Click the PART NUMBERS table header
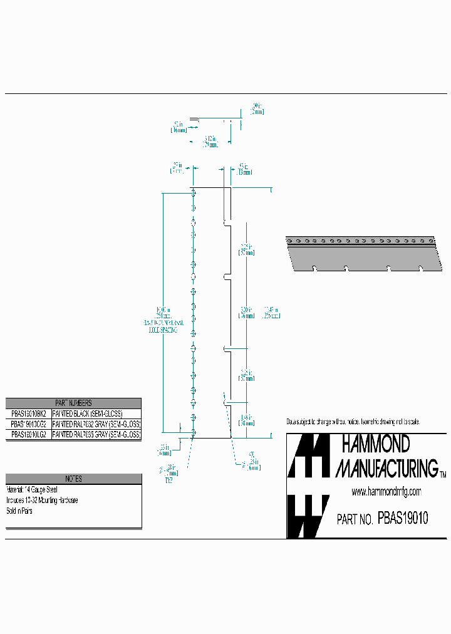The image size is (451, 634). pyautogui.click(x=73, y=403)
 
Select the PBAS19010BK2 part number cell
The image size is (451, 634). pyautogui.click(x=29, y=414)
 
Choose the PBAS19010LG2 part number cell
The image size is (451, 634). pyautogui.click(x=29, y=434)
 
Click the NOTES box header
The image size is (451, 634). pyautogui.click(x=73, y=479)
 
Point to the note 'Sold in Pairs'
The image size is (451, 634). pyautogui.click(x=19, y=511)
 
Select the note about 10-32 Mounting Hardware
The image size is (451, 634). pyautogui.click(x=42, y=500)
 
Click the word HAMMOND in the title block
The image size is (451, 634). pyautogui.click(x=375, y=445)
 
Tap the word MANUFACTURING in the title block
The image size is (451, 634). pyautogui.click(x=386, y=468)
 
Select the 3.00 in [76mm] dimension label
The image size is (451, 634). pyautogui.click(x=246, y=313)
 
